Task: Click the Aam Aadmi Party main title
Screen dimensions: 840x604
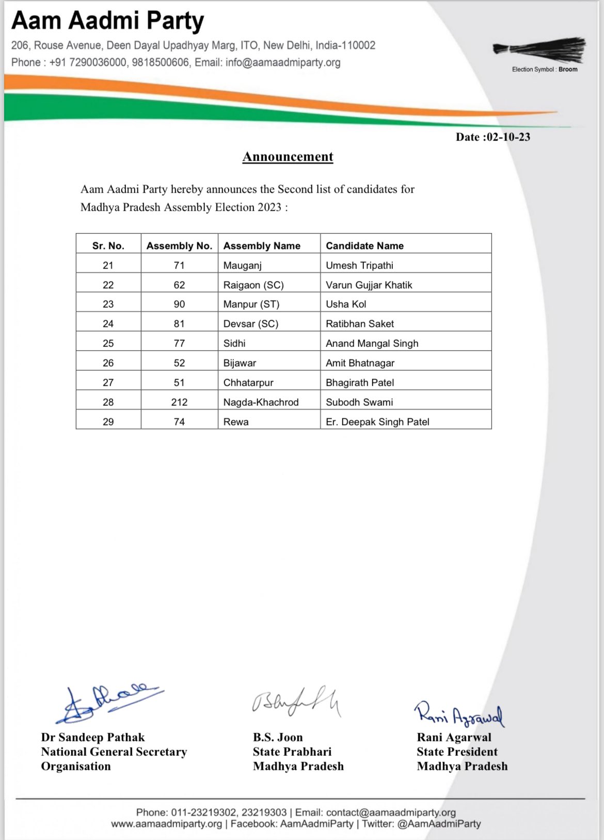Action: tap(107, 21)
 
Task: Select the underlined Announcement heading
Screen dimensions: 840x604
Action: tap(288, 156)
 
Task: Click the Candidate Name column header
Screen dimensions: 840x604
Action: tap(364, 246)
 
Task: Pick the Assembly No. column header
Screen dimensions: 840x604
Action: tap(179, 246)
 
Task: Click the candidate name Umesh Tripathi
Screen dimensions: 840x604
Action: tap(359, 265)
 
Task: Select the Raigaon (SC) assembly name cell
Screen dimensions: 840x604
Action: tap(253, 285)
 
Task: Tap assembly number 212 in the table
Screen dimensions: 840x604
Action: tap(179, 402)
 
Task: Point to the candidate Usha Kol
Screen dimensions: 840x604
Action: tap(346, 304)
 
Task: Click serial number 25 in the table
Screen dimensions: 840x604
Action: tap(108, 343)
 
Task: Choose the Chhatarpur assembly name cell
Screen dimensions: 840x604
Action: tap(248, 383)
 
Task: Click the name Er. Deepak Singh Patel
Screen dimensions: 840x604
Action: tap(377, 422)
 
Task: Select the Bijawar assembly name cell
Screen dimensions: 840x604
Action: tap(240, 363)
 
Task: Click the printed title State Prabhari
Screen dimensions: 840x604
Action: tap(292, 752)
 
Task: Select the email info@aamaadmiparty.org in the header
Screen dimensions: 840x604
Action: tap(283, 62)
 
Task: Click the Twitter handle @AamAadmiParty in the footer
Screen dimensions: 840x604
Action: tap(439, 824)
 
